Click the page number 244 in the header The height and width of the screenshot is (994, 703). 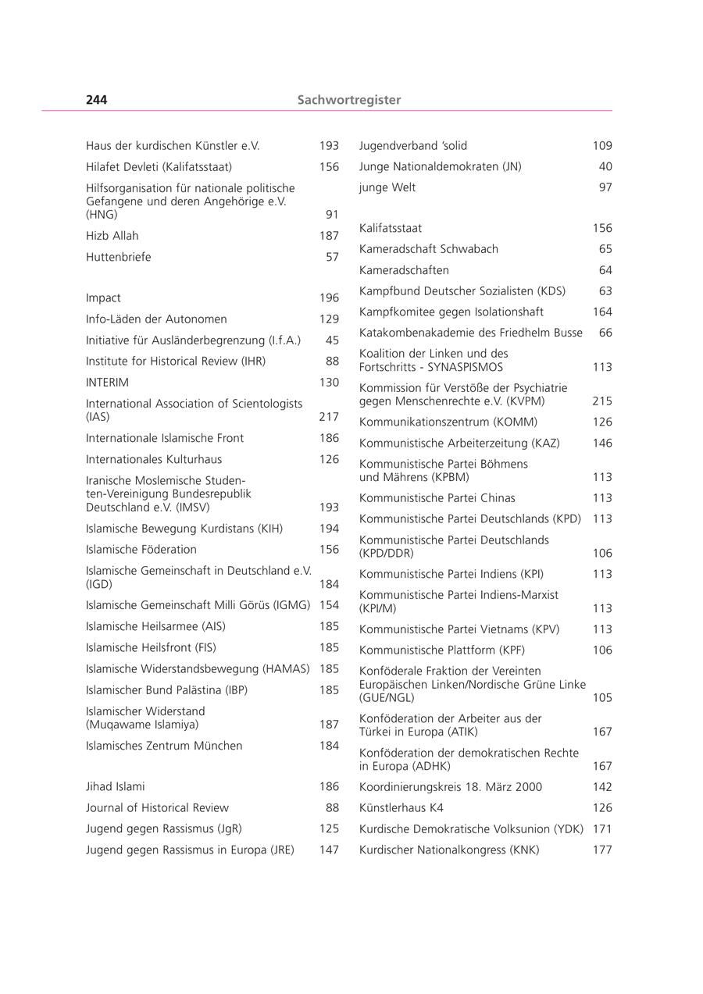[96, 100]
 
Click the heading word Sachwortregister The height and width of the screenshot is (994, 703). [348, 100]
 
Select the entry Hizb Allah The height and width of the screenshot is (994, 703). [112, 236]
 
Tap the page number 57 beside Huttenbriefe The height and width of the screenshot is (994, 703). [332, 257]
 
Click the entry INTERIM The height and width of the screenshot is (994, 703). [107, 383]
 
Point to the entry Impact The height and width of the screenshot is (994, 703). [103, 298]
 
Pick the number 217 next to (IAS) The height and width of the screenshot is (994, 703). [329, 417]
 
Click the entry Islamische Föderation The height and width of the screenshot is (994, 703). [141, 550]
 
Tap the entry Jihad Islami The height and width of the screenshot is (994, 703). [115, 787]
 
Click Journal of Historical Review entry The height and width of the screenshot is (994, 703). [157, 808]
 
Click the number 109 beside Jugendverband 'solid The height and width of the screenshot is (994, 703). [602, 146]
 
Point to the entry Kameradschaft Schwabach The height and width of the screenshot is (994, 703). [428, 249]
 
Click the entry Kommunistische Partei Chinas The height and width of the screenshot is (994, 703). [437, 498]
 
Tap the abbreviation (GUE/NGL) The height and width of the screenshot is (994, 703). [387, 698]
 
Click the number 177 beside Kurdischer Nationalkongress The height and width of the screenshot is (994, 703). [602, 850]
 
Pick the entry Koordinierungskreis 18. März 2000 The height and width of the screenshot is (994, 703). [450, 787]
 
